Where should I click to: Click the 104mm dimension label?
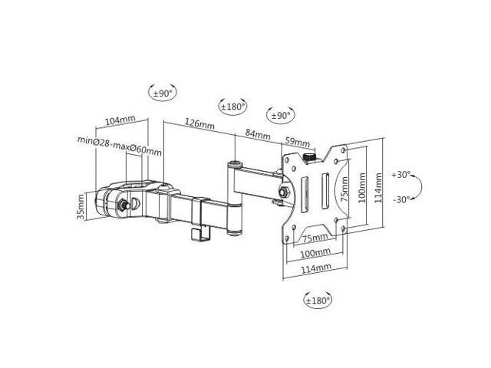[x=120, y=120]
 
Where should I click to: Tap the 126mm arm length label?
[x=199, y=123]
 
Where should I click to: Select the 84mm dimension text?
[x=258, y=134]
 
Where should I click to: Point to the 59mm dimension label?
[x=298, y=143]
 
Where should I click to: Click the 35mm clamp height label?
[x=81, y=206]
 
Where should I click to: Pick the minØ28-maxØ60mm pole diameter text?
[x=120, y=146]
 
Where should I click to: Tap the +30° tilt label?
[x=401, y=175]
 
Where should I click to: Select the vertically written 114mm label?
[x=378, y=188]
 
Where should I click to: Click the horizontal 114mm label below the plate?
[x=316, y=269]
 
